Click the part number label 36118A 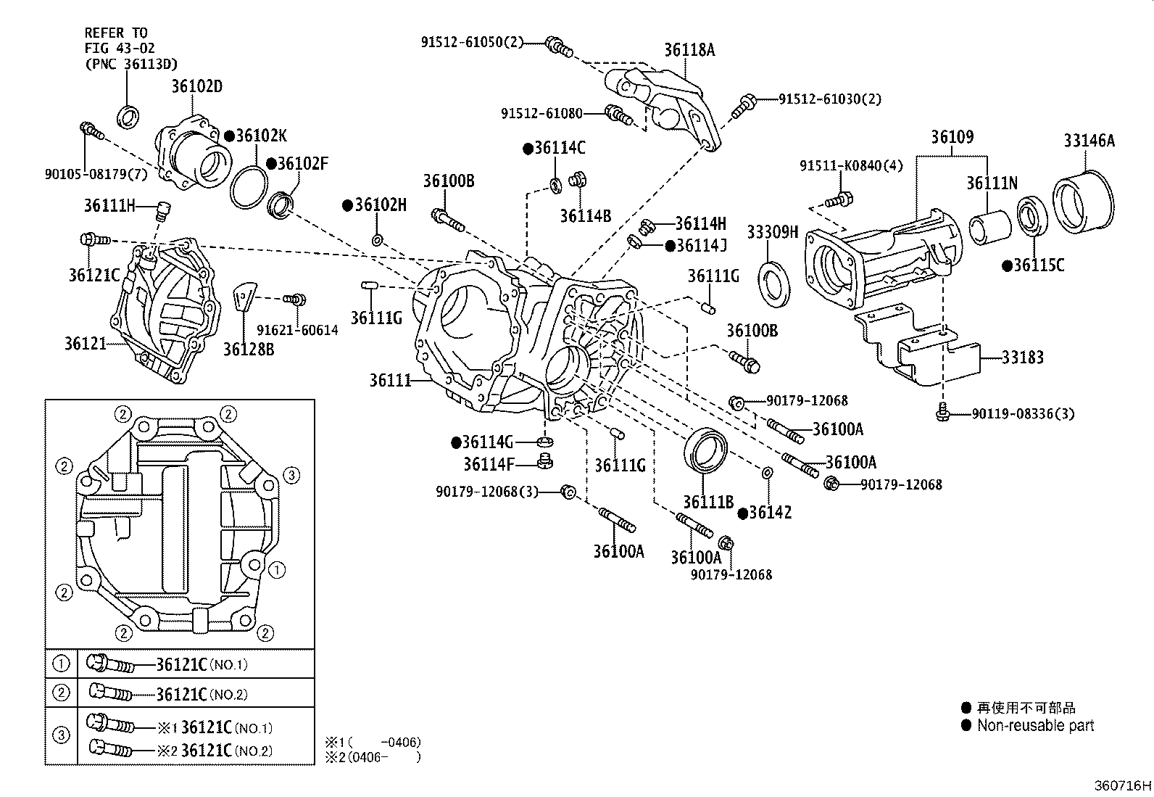pos(689,50)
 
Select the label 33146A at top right pos(1089,141)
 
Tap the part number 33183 pos(1023,357)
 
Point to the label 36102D pos(196,87)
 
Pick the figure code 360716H pos(1122,785)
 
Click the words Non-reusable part pos(1035,725)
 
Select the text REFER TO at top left pos(115,33)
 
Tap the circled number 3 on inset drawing pos(290,476)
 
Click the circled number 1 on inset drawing pos(276,570)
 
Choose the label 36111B pos(708,501)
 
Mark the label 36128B pos(248,350)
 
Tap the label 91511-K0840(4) pos(851,166)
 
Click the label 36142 pos(770,513)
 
